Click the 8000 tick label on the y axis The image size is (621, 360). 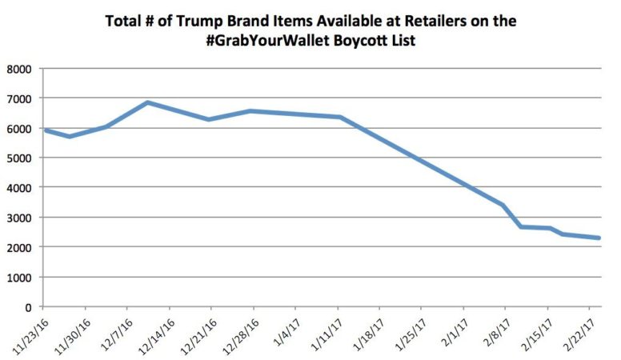tap(18, 69)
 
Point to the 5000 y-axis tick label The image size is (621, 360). tap(18, 158)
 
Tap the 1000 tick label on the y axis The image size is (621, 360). tap(18, 277)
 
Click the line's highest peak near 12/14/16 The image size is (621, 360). tap(148, 102)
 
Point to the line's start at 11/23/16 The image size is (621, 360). tap(44, 130)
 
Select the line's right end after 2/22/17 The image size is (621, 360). tap(600, 238)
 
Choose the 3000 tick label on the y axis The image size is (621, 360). tap(18, 218)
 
